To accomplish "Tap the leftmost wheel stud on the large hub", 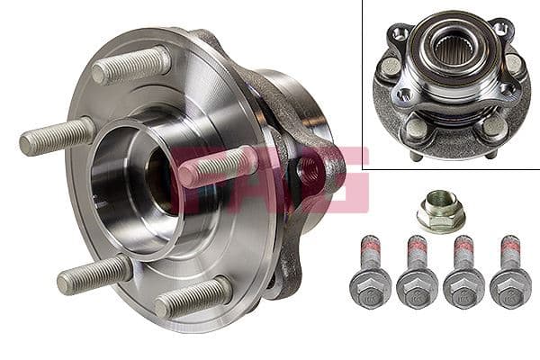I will tap(56, 137).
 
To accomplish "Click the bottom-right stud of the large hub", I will tap(192, 298).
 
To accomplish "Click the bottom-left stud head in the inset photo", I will tap(415, 127).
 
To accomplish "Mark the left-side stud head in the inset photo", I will tap(391, 67).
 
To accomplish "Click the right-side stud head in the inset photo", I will tap(514, 63).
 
